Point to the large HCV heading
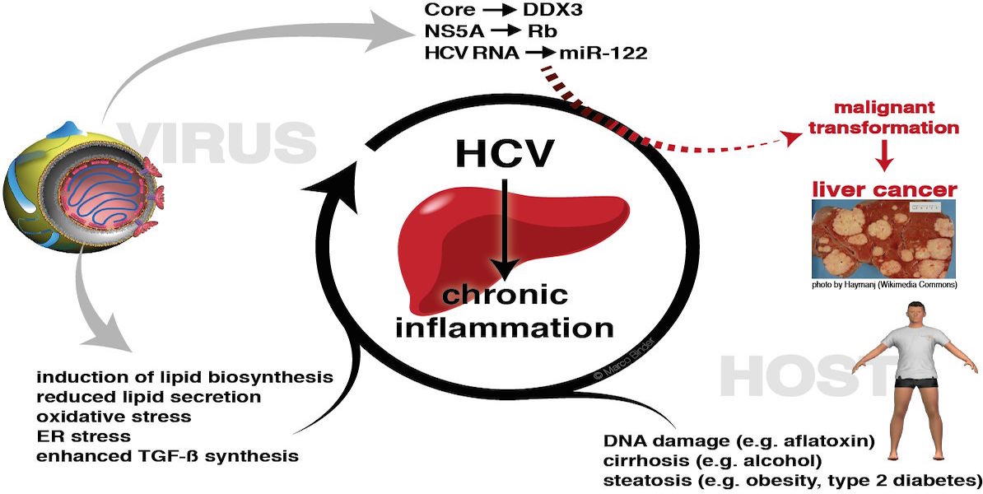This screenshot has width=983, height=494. (505, 154)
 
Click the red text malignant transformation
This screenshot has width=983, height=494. (883, 117)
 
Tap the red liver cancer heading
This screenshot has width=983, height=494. (884, 189)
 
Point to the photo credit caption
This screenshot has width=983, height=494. (884, 285)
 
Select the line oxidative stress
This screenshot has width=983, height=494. (114, 417)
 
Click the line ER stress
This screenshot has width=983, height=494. (83, 436)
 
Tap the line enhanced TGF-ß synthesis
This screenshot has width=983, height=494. (167, 455)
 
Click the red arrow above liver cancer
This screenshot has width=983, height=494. (884, 156)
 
